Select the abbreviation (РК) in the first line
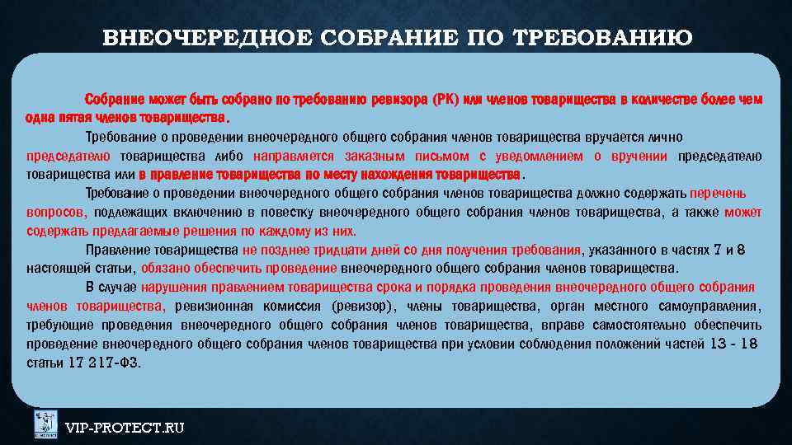tap(445, 100)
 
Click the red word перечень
tap(719, 194)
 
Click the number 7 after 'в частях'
tap(718, 250)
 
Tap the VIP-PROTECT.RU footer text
tap(125, 427)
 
